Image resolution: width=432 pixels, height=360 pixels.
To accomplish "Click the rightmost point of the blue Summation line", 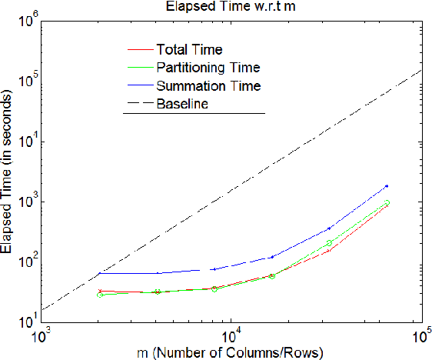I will tap(387, 185).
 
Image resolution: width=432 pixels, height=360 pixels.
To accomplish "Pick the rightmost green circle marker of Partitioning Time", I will tap(387, 203).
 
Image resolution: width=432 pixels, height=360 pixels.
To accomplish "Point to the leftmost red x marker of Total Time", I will tap(100, 292).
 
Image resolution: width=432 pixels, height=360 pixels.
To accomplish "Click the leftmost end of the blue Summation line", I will tap(100, 273).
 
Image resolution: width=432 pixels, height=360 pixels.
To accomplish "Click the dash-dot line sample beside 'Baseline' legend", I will tap(138, 103).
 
